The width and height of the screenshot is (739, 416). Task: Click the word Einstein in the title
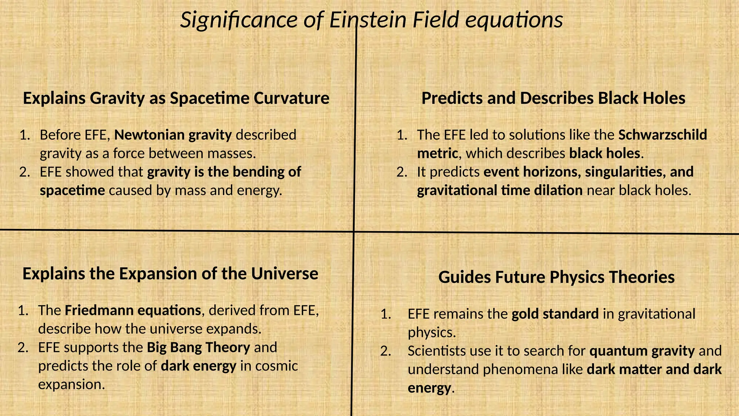368,20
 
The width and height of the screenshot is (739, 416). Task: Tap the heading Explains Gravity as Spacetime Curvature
176,98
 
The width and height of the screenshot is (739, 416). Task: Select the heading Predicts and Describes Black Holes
553,98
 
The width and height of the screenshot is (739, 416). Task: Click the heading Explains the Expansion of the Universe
170,274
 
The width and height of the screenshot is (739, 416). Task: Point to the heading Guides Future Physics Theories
556,277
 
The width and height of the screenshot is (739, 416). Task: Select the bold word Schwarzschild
663,135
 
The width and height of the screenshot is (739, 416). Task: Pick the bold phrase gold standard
555,314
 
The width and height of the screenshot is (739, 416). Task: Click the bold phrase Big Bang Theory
198,347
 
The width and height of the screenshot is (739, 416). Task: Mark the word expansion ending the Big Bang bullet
71,385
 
